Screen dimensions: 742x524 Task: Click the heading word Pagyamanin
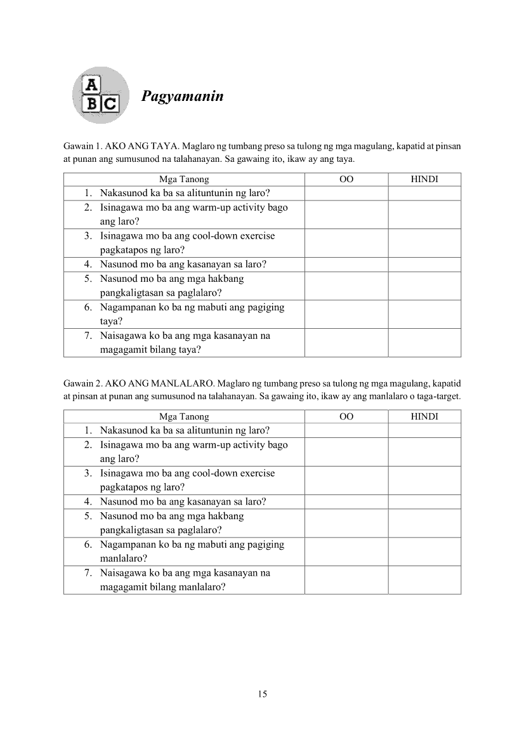tap(183, 97)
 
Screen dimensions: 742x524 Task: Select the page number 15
tap(263, 694)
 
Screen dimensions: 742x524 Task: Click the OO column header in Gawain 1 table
tap(346, 180)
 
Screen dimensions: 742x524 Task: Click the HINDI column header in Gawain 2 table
tap(424, 416)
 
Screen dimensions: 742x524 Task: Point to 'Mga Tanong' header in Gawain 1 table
tap(184, 180)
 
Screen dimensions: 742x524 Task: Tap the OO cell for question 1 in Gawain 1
tap(346, 193)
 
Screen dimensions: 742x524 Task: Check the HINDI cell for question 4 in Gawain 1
tap(424, 264)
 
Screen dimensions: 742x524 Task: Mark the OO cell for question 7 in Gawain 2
tap(346, 580)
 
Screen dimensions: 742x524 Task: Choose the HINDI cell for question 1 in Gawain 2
tap(424, 430)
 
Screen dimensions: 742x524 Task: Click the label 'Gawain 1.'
tap(82, 147)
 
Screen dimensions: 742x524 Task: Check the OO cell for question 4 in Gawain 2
tap(346, 501)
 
